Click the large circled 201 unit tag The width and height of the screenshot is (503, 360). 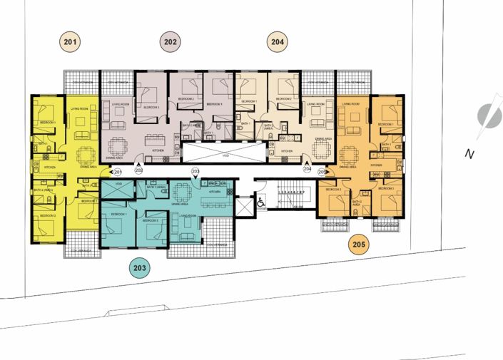(x=70, y=43)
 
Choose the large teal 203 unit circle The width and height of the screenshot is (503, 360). (x=140, y=268)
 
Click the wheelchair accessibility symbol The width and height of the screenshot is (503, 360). (x=261, y=202)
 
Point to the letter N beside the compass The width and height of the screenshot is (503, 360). (x=469, y=153)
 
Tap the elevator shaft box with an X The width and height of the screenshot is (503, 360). (x=243, y=207)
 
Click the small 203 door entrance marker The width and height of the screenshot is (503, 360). (x=195, y=172)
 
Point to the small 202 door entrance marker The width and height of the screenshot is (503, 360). (x=138, y=170)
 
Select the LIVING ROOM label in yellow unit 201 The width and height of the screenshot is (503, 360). (x=78, y=109)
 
